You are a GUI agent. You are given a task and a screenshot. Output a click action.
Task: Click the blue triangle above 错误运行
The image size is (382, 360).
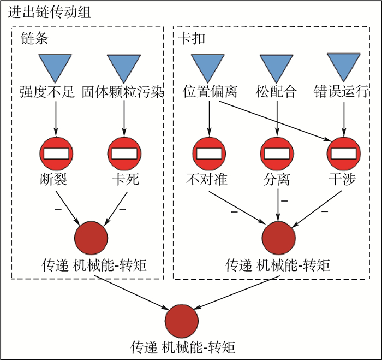[x=344, y=64]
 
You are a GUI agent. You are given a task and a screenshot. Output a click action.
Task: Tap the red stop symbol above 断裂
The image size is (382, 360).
[x=56, y=152]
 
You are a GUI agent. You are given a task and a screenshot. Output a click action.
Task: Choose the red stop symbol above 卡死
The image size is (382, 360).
[x=124, y=152]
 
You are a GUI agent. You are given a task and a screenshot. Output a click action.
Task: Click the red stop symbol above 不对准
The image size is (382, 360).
[x=209, y=152]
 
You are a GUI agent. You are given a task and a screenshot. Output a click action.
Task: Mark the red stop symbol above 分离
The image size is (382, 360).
[x=277, y=152]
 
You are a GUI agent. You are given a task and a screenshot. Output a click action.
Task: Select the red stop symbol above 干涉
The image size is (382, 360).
[x=344, y=152]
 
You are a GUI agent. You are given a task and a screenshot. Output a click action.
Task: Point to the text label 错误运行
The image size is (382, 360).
[x=344, y=92]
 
